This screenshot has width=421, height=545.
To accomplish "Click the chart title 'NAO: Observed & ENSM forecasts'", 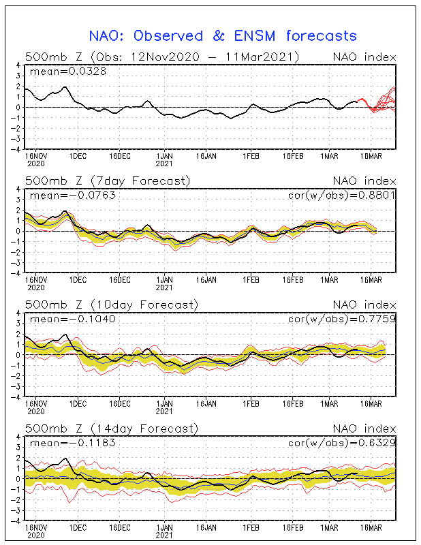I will point(223,35).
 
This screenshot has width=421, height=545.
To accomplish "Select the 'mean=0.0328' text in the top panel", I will point(59,71).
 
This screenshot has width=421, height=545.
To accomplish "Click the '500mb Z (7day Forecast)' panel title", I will point(108,181).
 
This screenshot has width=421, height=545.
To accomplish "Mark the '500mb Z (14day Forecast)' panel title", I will point(111,429).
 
